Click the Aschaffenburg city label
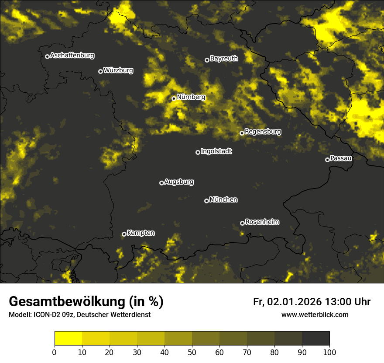(x=72, y=56)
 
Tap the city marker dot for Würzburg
(x=100, y=71)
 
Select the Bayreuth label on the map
(x=224, y=59)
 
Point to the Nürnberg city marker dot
(x=174, y=98)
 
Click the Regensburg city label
(x=263, y=132)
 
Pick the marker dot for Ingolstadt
(x=198, y=152)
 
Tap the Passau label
(x=341, y=158)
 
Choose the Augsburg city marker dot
(x=161, y=183)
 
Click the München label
(x=223, y=200)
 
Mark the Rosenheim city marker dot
(x=242, y=223)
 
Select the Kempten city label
(x=141, y=233)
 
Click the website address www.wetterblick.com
(x=315, y=314)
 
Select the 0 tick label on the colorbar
(x=55, y=352)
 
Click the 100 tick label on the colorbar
(x=329, y=352)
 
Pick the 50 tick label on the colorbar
(x=192, y=352)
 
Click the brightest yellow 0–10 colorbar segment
(x=68, y=339)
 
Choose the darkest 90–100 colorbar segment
(x=315, y=339)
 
